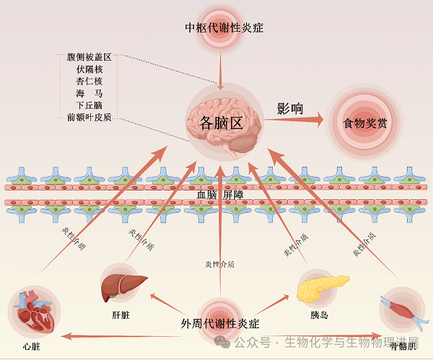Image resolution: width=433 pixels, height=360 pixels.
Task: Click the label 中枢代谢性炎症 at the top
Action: tap(224, 28)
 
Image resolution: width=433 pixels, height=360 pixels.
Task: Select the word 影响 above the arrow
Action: tap(290, 110)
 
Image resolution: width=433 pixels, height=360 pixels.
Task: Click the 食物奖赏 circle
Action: tap(365, 123)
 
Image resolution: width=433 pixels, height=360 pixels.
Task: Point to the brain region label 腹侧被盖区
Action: tap(89, 56)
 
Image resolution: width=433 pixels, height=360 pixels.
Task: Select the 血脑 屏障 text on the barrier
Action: tap(220, 195)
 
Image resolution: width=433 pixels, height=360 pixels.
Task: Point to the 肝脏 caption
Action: tap(121, 315)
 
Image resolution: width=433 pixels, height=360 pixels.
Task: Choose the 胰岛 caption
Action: tap(320, 315)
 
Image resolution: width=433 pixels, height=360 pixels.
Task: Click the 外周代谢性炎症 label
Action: tap(220, 323)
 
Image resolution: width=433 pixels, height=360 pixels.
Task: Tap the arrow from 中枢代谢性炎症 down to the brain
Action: tap(223, 69)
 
